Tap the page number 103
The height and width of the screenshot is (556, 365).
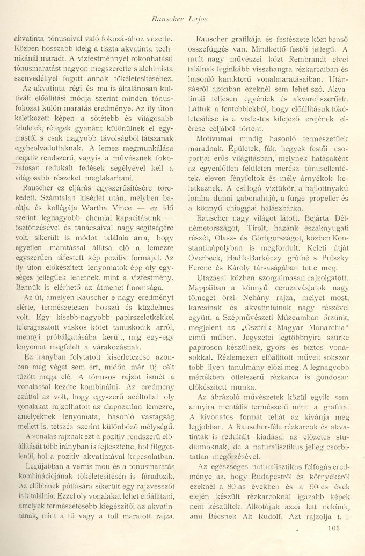coord(333,543)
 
